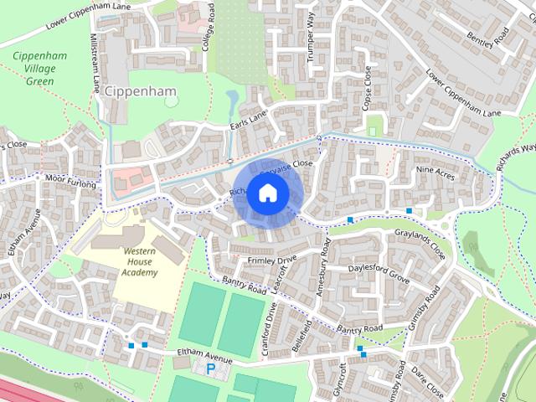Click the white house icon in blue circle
pyautogui.click(x=267, y=193)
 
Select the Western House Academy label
pyautogui.click(x=139, y=261)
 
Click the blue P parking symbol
pyautogui.click(x=211, y=368)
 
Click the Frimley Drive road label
pyautogui.click(x=271, y=260)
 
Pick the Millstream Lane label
pyautogui.click(x=96, y=62)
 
